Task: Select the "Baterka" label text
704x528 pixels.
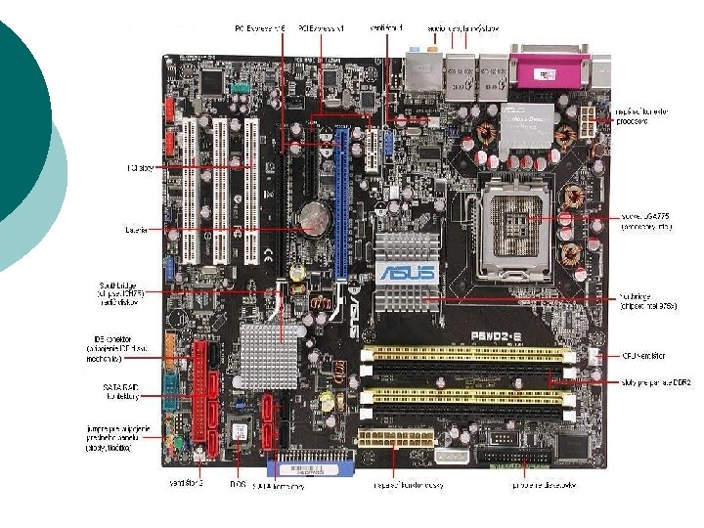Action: coord(137,231)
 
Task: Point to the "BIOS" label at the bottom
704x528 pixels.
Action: coord(237,485)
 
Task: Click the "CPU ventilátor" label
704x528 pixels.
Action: coord(644,358)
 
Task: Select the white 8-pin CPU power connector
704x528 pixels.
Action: coord(594,122)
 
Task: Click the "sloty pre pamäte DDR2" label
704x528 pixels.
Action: coord(656,383)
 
